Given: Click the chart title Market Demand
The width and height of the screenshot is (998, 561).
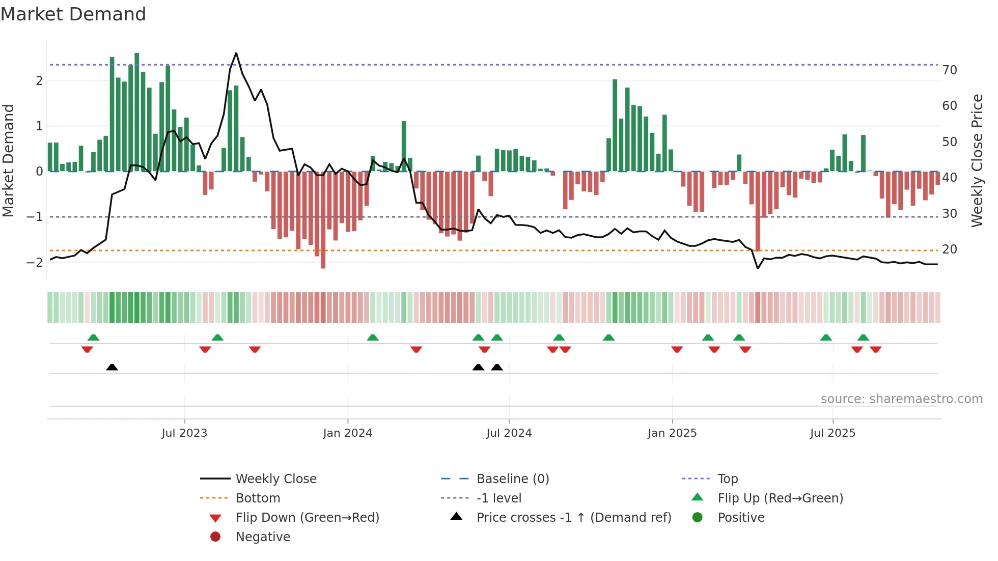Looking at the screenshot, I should coord(73,14).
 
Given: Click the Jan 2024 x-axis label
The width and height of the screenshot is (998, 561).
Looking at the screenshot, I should coord(347,433).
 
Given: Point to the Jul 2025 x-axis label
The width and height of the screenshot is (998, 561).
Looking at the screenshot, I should coord(833,433).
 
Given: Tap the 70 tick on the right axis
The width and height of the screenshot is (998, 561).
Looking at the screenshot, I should coord(950,70).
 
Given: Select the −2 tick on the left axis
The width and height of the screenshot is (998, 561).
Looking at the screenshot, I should coord(35,263).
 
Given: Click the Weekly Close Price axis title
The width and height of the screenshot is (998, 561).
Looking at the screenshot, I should coord(977,160).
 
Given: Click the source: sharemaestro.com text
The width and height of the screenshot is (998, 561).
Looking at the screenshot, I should coord(901,399).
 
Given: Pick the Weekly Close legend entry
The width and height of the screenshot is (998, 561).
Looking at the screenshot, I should coord(275,479).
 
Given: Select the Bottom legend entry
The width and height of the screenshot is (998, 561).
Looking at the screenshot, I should coord(258,498).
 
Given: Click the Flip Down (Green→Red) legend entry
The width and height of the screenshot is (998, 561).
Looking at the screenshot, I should coord(307,518).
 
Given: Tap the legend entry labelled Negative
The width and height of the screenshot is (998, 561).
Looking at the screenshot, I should coord(263,537).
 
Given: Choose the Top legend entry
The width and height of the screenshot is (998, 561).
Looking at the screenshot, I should coord(728,479).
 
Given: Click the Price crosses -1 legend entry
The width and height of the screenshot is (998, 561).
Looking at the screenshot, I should coord(573,518).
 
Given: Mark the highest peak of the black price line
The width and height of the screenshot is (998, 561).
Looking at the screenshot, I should coord(236,53).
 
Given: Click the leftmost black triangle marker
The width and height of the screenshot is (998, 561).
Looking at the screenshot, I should coord(112,367).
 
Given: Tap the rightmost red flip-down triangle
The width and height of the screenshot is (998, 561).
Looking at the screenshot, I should coord(875,349).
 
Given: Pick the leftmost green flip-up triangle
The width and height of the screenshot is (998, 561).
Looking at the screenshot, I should coord(93,338).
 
